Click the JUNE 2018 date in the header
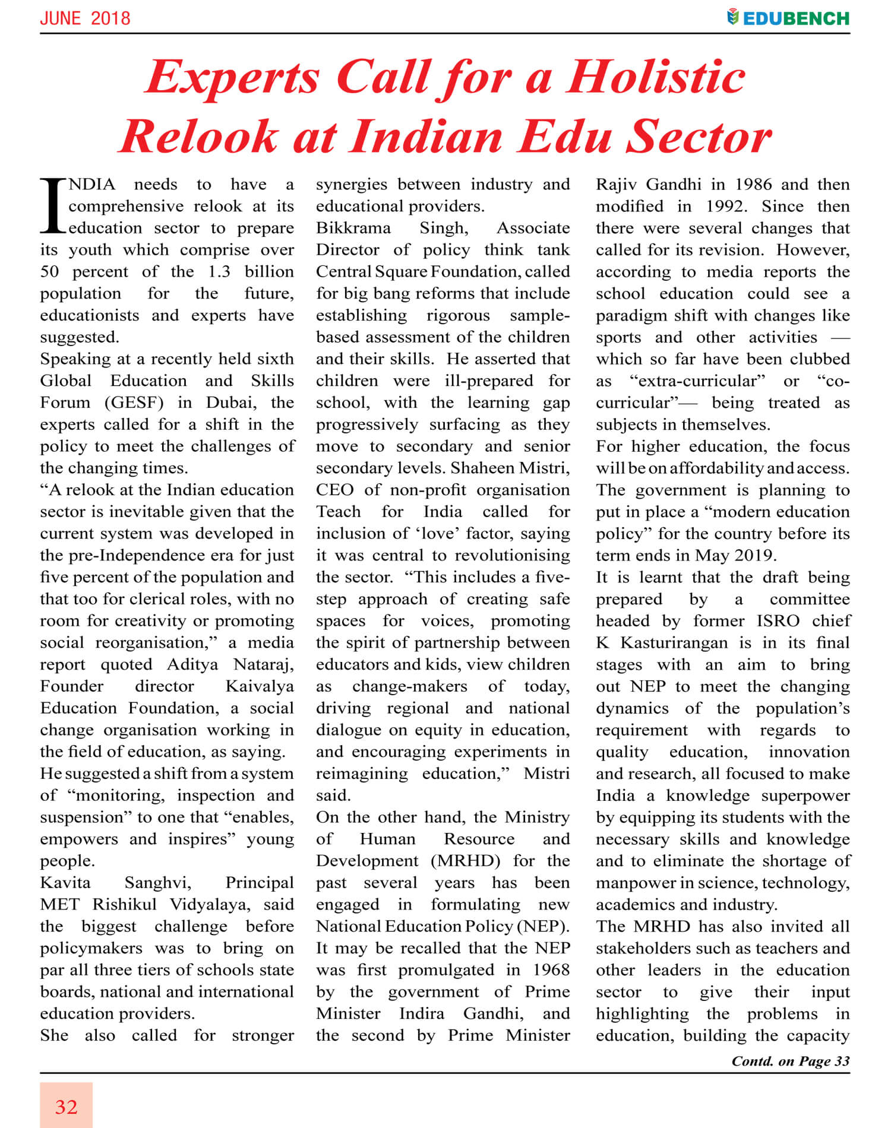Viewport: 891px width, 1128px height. click(85, 18)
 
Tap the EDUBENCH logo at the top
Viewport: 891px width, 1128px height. click(788, 18)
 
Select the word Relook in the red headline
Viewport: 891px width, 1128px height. click(199, 137)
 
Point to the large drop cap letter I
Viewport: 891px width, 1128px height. click(53, 205)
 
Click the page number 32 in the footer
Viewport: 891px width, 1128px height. click(66, 1107)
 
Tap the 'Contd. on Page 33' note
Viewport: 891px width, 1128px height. click(790, 1061)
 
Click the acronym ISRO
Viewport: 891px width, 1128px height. click(778, 621)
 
